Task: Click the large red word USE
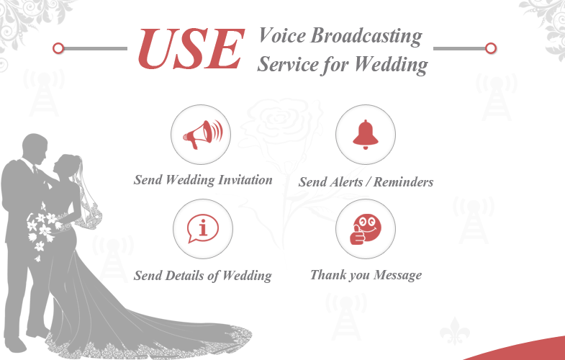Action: point(191,49)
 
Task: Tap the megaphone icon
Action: point(202,135)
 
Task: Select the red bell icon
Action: point(366,135)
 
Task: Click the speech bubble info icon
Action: point(203,229)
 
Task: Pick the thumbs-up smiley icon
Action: point(366,230)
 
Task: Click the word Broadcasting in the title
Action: point(366,37)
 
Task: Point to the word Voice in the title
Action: point(282,35)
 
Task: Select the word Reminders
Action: point(403,181)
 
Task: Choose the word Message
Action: point(397,275)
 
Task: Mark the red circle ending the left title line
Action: point(58,48)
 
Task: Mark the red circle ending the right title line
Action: point(491,48)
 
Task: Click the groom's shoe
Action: point(15,345)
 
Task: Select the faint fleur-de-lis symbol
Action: point(455,330)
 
